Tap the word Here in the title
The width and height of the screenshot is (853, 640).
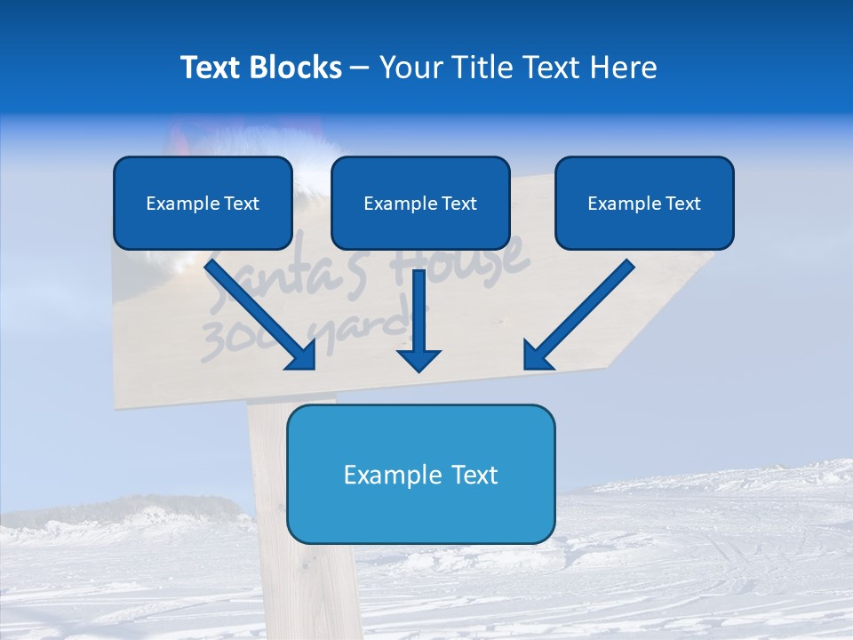pyautogui.click(x=624, y=68)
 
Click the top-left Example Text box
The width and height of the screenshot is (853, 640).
pyautogui.click(x=203, y=203)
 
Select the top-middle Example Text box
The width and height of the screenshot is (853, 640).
pyautogui.click(x=420, y=203)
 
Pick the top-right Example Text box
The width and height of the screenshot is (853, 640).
pyautogui.click(x=644, y=203)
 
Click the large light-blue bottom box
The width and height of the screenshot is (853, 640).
pyautogui.click(x=420, y=474)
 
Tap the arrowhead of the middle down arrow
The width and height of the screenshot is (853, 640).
pyautogui.click(x=419, y=359)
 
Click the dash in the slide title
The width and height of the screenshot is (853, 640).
pyautogui.click(x=360, y=68)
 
